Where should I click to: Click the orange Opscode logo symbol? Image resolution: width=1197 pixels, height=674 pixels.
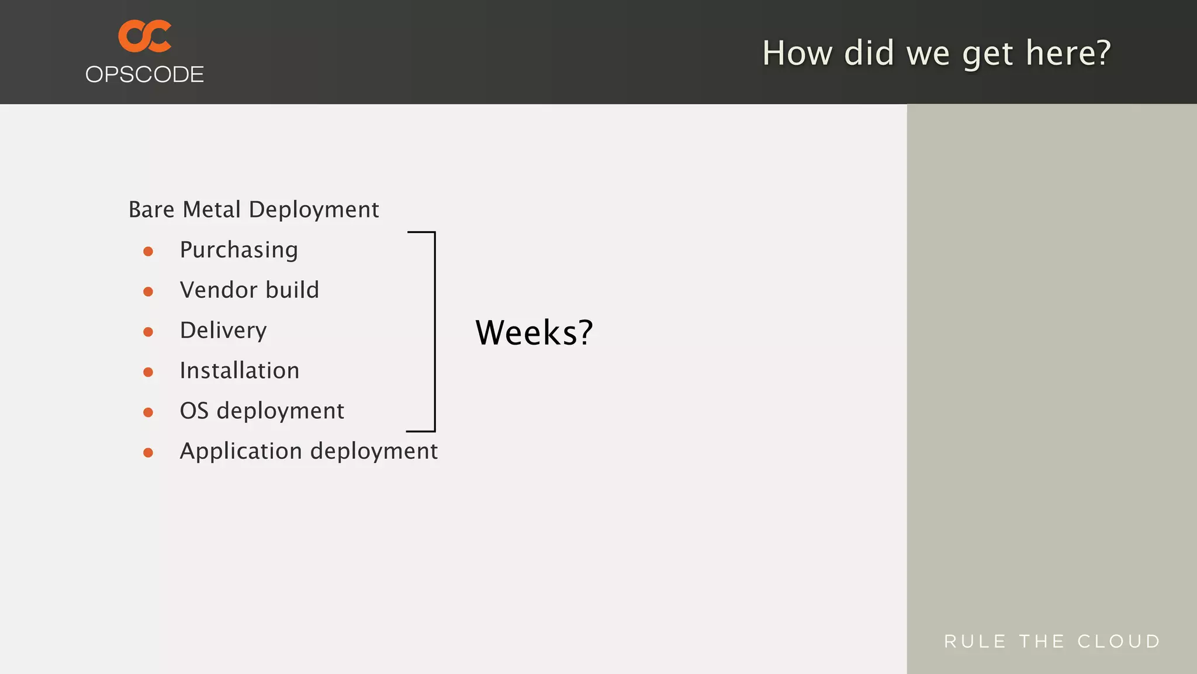tap(145, 36)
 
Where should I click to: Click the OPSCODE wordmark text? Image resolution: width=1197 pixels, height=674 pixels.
tap(144, 75)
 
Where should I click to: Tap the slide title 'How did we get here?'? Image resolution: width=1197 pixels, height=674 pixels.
tap(936, 53)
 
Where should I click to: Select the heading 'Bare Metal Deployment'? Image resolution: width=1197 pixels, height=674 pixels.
tap(254, 209)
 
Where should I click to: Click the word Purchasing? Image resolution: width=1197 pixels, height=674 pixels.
tap(238, 250)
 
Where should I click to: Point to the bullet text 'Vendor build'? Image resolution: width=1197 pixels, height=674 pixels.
tap(250, 290)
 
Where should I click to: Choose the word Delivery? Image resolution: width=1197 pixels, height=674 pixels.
tap(223, 331)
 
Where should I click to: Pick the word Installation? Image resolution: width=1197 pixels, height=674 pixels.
tap(240, 371)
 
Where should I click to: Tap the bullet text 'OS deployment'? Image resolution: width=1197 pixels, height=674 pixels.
tap(262, 411)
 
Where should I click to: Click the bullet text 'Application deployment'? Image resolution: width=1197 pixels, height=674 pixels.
tap(309, 452)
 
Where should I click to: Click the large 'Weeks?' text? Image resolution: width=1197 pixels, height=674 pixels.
tap(534, 333)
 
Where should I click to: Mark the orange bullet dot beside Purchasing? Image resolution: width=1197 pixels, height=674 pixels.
tap(148, 252)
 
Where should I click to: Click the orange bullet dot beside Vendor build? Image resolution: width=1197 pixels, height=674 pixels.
tap(148, 291)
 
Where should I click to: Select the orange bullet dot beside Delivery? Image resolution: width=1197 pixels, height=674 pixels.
tap(148, 332)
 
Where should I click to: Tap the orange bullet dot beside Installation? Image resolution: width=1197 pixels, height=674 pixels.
tap(148, 372)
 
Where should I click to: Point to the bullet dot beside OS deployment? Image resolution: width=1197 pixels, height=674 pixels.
tap(148, 412)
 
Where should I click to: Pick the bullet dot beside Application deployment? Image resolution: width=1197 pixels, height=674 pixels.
tap(148, 452)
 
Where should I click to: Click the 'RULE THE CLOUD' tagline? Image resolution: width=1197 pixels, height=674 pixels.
tap(1052, 642)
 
